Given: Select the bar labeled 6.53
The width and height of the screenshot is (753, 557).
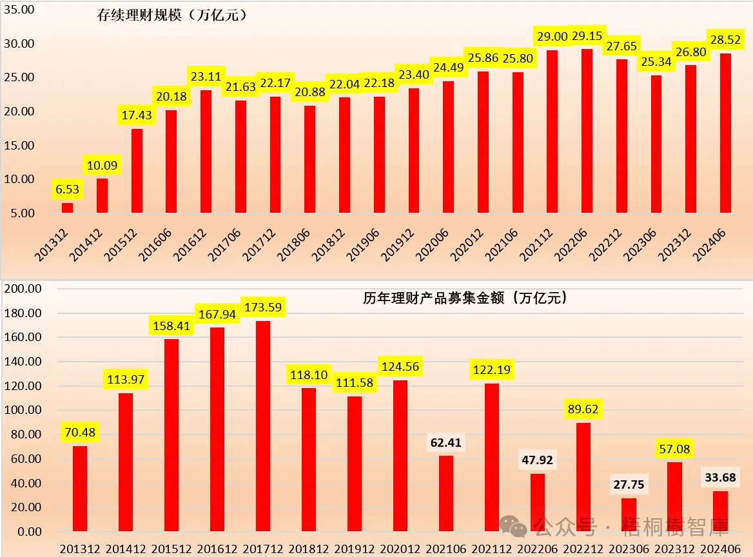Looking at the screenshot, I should [67, 208].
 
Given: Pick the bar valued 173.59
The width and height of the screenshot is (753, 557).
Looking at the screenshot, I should [263, 425].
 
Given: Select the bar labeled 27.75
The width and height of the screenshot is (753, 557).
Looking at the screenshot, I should [629, 514].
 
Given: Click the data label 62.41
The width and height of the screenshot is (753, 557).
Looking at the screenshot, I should [446, 443].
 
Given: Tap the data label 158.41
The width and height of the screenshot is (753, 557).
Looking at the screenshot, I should [171, 326].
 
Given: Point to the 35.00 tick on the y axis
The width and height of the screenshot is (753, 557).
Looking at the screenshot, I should [19, 10].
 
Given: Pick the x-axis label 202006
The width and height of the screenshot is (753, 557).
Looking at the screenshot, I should [433, 245].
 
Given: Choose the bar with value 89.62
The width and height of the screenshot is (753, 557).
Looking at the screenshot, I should [583, 477].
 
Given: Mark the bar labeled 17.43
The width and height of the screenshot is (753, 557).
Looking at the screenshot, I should [136, 171].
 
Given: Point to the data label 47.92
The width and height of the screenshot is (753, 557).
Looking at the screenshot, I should [538, 461].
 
